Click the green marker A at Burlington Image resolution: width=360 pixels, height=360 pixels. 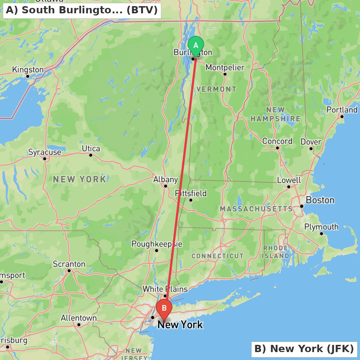[196, 46]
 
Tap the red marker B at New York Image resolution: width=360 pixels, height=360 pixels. [164, 309]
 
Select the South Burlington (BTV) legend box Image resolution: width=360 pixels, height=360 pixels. [82, 10]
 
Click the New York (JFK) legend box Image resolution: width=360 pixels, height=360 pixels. [304, 349]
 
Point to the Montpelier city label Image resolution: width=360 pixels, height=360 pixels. [225, 68]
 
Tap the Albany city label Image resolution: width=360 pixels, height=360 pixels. [166, 180]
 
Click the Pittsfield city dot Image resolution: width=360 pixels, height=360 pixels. [191, 200]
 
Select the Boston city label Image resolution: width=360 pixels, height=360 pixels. [320, 200]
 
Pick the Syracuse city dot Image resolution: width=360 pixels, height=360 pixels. [45, 158]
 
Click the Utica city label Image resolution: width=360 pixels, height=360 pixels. [91, 149]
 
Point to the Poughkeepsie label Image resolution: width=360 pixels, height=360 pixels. [157, 244]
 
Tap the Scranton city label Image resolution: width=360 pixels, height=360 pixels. [69, 264]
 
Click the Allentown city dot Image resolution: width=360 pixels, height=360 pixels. [79, 325]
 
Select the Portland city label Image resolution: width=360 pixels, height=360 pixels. [342, 110]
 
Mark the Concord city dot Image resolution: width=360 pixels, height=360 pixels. [278, 148]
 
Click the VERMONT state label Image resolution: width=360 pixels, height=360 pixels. [216, 89]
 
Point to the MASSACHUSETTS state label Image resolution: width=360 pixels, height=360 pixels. [256, 209]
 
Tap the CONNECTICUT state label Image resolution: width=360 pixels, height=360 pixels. [217, 256]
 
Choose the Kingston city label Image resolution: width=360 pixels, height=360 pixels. [28, 70]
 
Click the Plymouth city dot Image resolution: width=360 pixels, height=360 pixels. [321, 234]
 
